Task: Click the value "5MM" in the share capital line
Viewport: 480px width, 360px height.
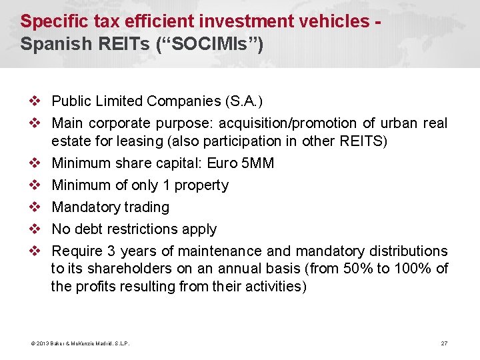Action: tap(257, 163)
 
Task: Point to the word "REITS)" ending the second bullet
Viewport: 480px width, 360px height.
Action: tap(363, 141)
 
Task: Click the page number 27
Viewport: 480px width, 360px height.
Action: tap(444, 343)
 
